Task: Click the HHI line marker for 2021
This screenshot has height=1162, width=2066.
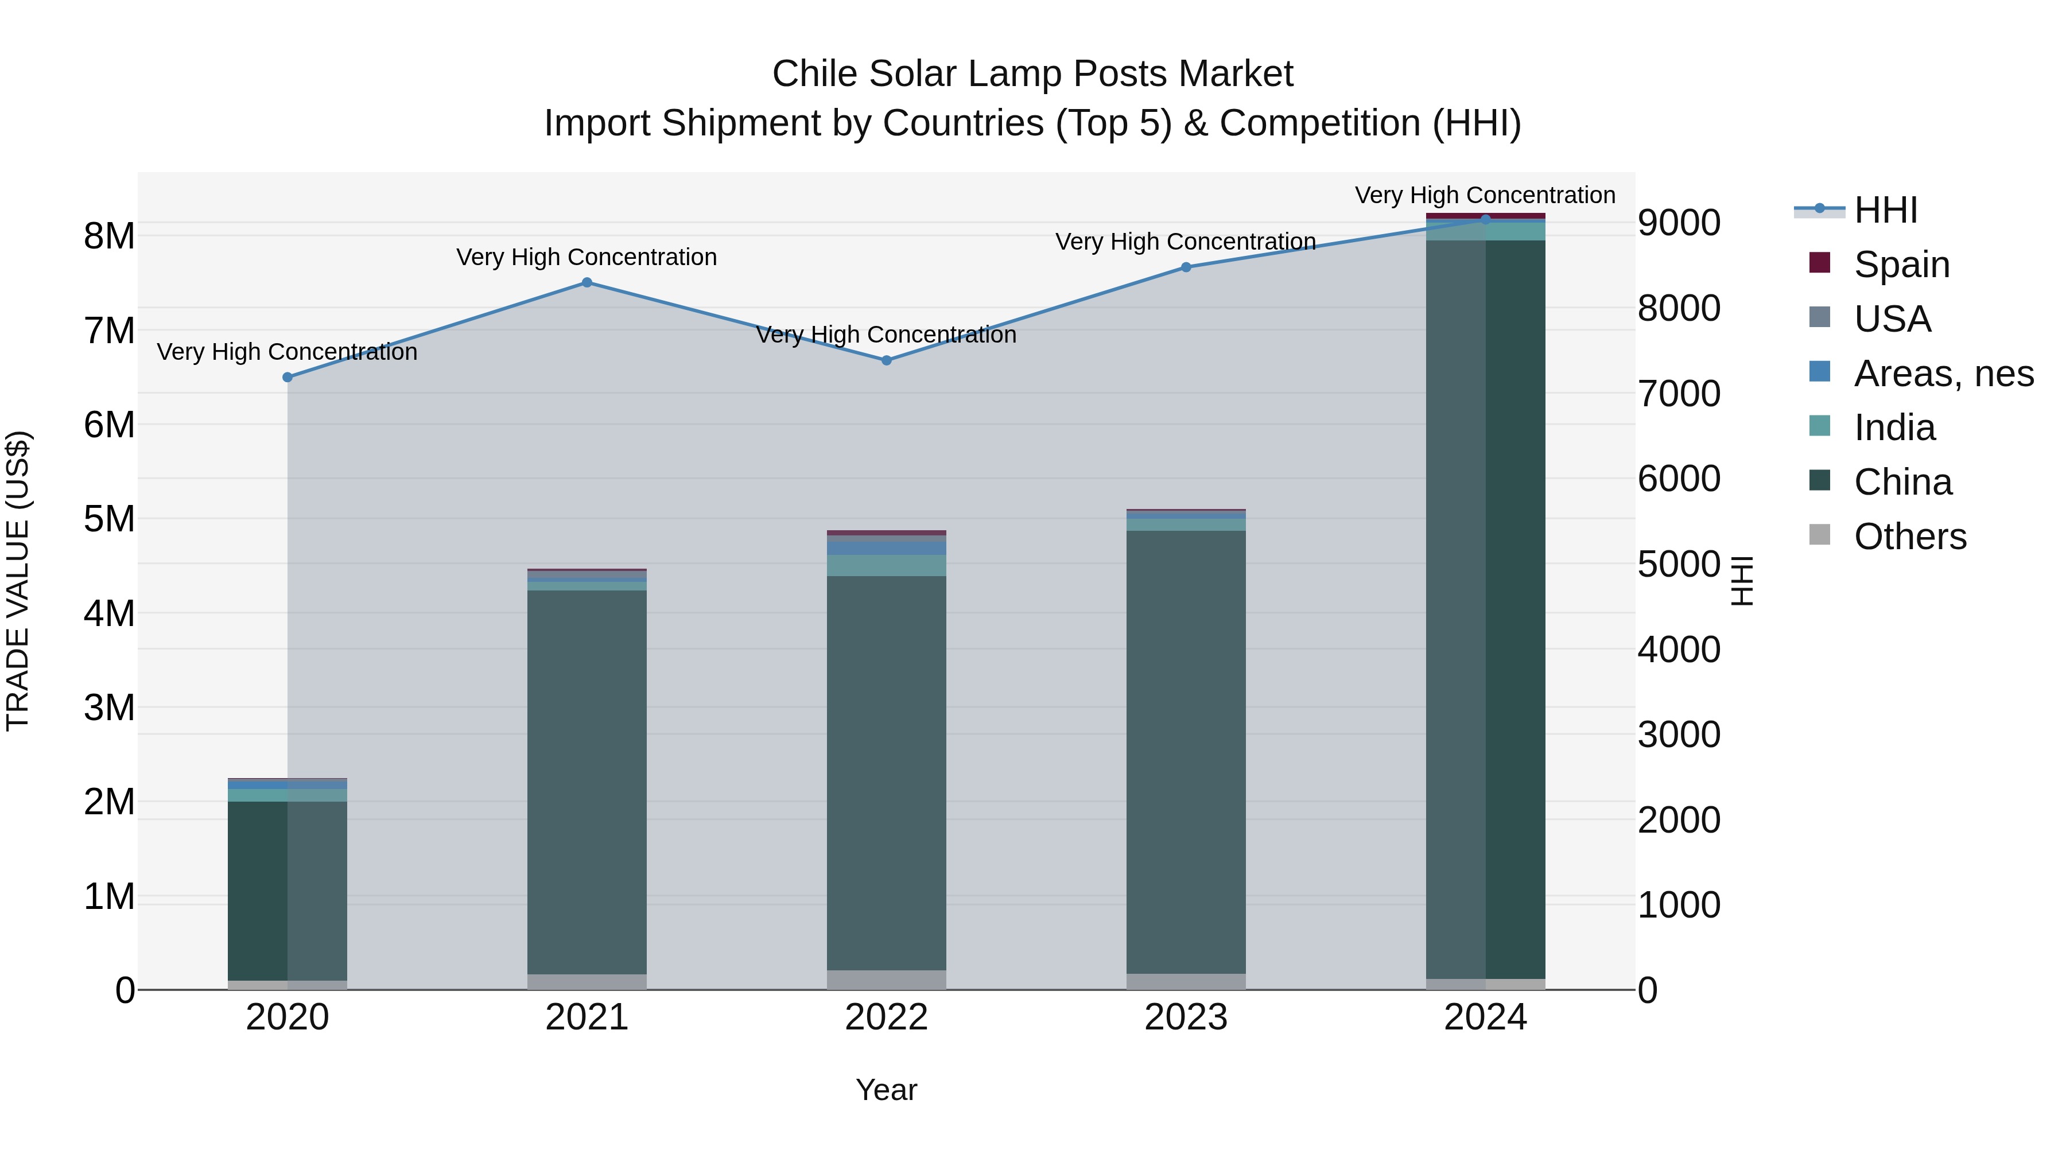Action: [x=587, y=282]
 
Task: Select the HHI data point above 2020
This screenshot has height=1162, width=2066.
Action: [x=287, y=377]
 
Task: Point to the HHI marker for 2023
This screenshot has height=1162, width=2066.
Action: [x=1186, y=267]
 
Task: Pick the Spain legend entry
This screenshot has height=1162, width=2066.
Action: [x=1901, y=265]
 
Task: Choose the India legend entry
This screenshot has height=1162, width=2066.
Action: [x=1894, y=428]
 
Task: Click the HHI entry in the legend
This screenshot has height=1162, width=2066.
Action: [x=1885, y=210]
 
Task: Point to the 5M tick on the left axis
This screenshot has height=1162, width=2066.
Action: [x=110, y=519]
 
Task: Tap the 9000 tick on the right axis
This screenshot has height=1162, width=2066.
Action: [x=1679, y=223]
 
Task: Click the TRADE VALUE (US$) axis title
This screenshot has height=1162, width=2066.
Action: [x=18, y=581]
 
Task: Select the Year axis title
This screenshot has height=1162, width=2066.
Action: [x=886, y=1090]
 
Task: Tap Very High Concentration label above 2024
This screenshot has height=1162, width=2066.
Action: [x=1485, y=195]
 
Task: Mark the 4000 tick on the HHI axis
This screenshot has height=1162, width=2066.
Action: [x=1679, y=650]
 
